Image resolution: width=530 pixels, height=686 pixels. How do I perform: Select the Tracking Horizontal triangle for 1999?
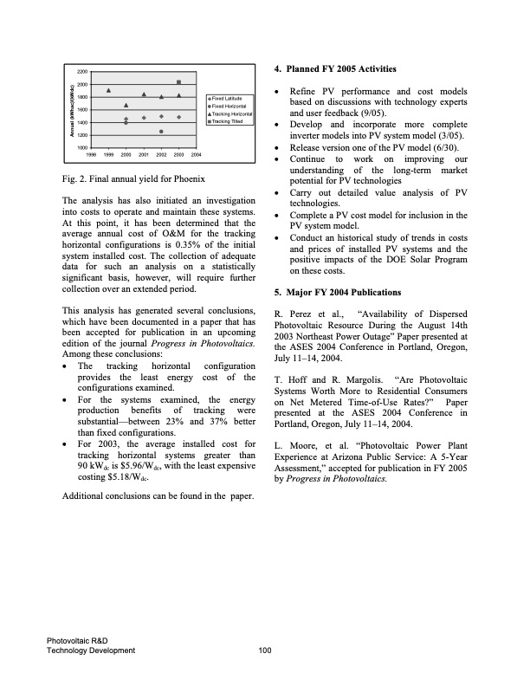click(108, 90)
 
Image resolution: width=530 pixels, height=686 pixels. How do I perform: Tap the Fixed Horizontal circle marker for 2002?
click(161, 132)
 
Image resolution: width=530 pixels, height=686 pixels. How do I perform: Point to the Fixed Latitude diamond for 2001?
click(144, 117)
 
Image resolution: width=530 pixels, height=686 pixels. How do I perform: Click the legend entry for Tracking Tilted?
click(232, 122)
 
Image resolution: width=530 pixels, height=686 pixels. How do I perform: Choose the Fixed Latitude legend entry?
click(232, 99)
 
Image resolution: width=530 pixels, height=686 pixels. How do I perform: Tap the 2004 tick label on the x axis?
click(196, 153)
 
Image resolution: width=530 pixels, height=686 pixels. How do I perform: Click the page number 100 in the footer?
click(265, 650)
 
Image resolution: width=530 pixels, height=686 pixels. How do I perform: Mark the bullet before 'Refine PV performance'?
click(276, 91)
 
